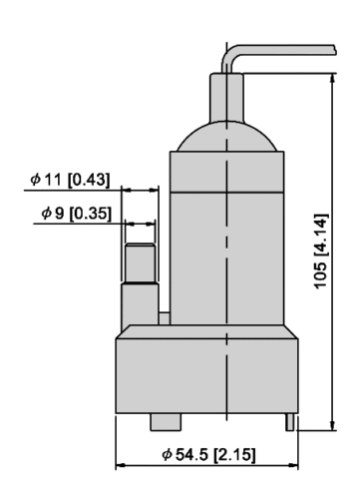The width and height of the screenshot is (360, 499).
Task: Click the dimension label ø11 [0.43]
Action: [x=70, y=180]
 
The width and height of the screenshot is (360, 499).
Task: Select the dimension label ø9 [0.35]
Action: [x=76, y=213]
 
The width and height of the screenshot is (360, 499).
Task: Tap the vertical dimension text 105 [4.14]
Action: [x=321, y=251]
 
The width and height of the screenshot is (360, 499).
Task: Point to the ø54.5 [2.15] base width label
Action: [x=209, y=454]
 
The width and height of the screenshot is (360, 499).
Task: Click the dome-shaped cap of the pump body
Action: [x=227, y=137]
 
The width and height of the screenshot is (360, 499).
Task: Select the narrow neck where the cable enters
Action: [x=226, y=97]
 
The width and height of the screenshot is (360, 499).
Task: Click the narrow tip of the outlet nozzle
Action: [x=140, y=262]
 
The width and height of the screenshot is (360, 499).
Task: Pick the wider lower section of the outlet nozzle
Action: [x=140, y=304]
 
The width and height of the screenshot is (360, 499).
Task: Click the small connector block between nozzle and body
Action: [x=164, y=318]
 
